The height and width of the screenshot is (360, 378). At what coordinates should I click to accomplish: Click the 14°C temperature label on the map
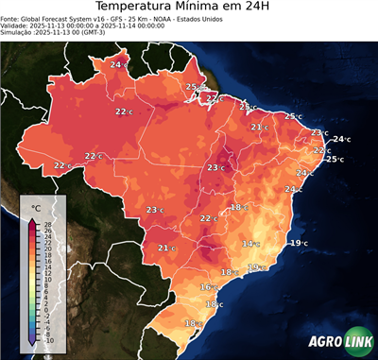[250, 244]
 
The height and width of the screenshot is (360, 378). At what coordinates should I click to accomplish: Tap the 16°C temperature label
[209, 286]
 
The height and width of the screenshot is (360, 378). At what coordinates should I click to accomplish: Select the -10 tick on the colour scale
[49, 340]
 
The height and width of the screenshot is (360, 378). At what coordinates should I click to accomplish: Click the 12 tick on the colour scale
[48, 273]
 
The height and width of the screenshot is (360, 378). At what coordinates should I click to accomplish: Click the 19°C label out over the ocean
[299, 243]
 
